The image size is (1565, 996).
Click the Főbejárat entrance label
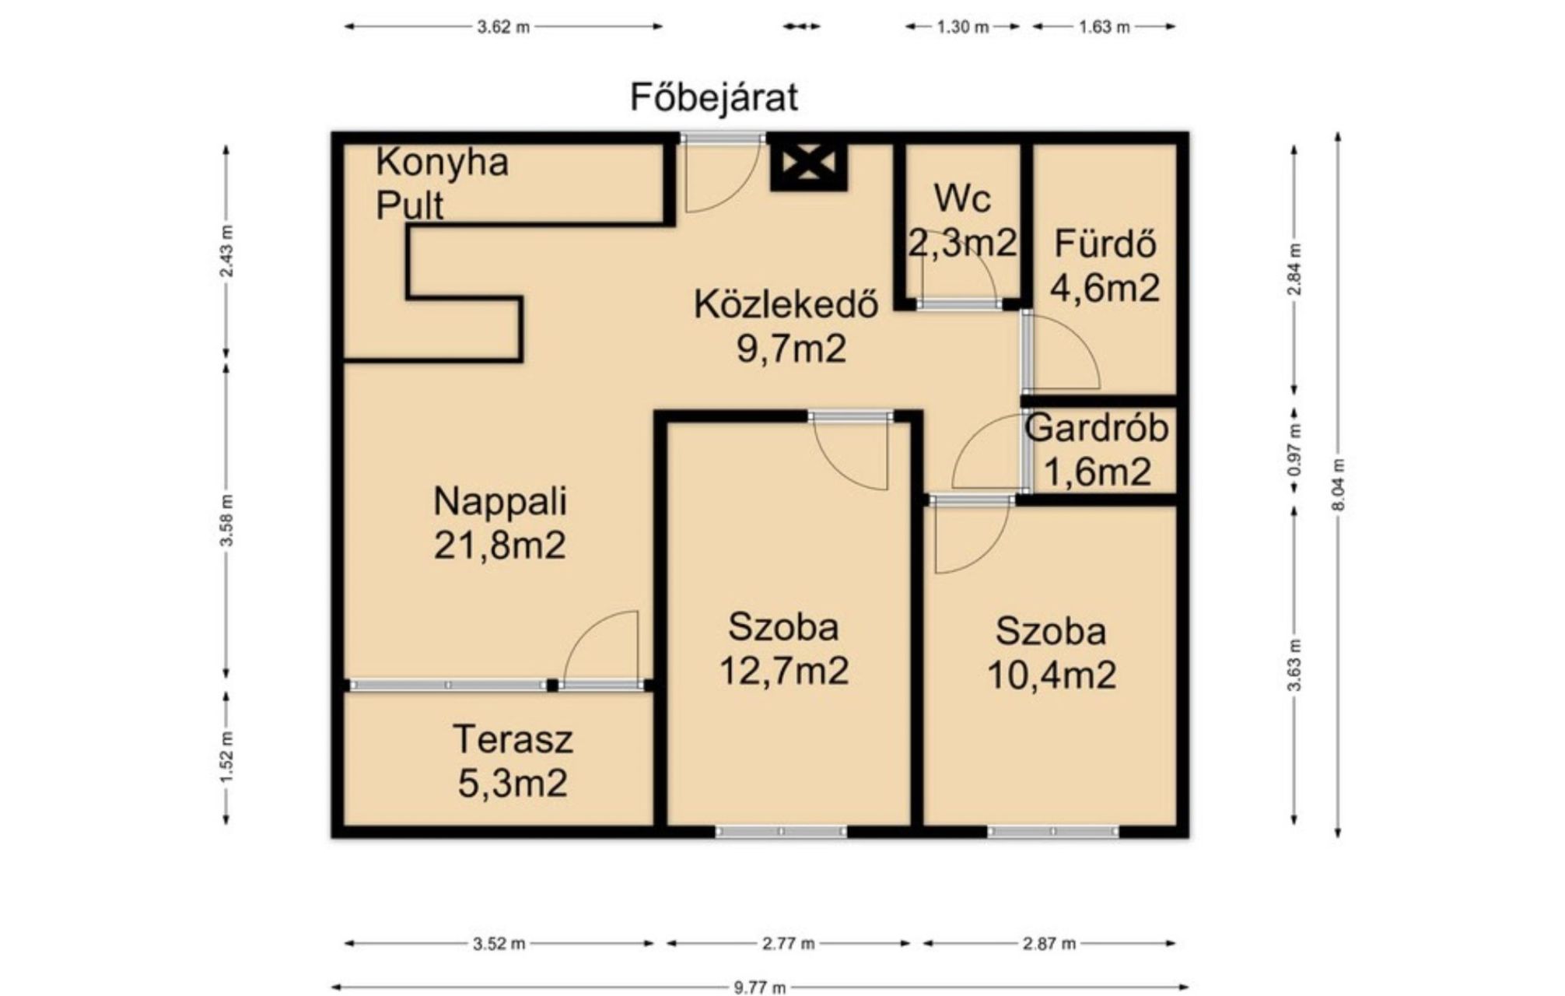click(714, 98)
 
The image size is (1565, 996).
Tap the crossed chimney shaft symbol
click(808, 164)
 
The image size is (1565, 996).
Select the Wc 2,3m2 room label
click(963, 221)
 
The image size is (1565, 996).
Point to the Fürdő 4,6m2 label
click(1105, 266)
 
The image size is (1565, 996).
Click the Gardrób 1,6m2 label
click(1097, 450)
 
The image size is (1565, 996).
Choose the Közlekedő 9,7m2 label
click(786, 326)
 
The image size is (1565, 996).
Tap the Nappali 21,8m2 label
click(499, 523)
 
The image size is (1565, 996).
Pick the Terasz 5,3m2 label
click(513, 761)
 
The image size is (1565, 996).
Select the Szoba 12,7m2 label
click(783, 649)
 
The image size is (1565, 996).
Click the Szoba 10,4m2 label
click(1052, 653)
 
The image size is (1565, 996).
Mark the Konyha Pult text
click(442, 184)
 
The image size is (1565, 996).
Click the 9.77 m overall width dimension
click(760, 987)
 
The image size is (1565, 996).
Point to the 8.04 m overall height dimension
click(1338, 485)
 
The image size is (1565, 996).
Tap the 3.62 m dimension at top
click(503, 26)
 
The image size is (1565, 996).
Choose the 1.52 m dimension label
click(226, 757)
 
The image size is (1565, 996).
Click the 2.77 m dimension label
click(789, 944)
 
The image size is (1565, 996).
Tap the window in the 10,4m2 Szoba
click(1053, 832)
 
